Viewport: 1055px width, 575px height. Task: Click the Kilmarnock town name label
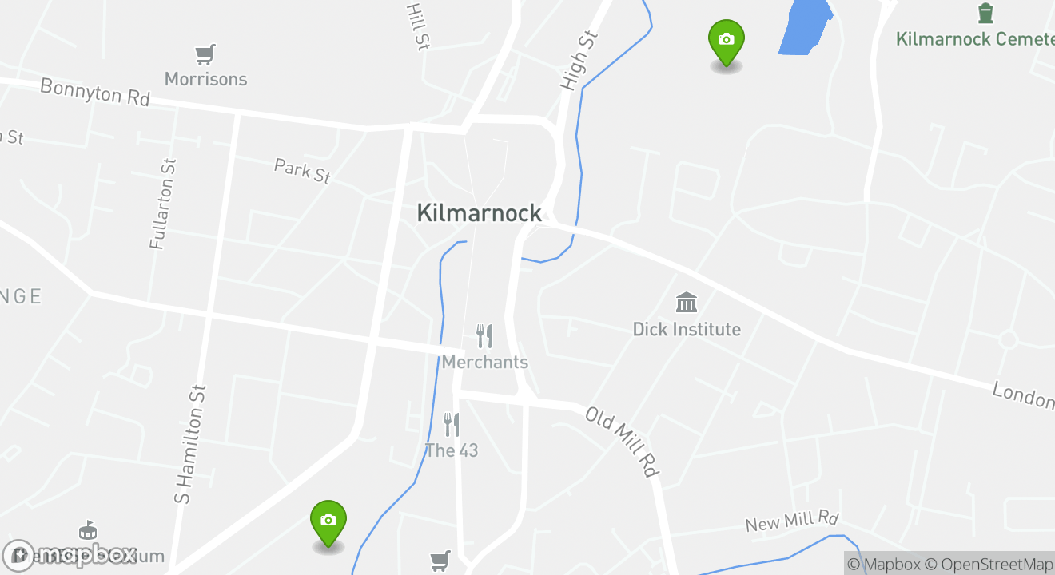[x=480, y=213]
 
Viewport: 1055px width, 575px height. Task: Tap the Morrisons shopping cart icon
[x=205, y=55]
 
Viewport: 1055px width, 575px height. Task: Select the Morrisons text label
[x=205, y=79]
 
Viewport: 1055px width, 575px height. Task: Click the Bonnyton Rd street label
[x=95, y=92]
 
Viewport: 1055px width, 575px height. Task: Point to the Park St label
[x=302, y=171]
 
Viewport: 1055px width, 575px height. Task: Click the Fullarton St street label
[x=163, y=204]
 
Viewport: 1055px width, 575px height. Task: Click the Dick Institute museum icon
[x=687, y=303]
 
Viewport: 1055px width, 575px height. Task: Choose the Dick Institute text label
[x=687, y=329]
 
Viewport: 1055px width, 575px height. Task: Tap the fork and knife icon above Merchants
[x=484, y=335]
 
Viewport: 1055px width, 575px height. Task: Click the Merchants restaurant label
[x=485, y=362]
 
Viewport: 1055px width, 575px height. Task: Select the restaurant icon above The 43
[x=452, y=425]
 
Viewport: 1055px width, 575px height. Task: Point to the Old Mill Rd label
[x=621, y=442]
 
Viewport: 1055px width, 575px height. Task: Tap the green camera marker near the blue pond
[x=726, y=42]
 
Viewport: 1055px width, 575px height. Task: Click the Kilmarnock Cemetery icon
[x=985, y=14]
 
